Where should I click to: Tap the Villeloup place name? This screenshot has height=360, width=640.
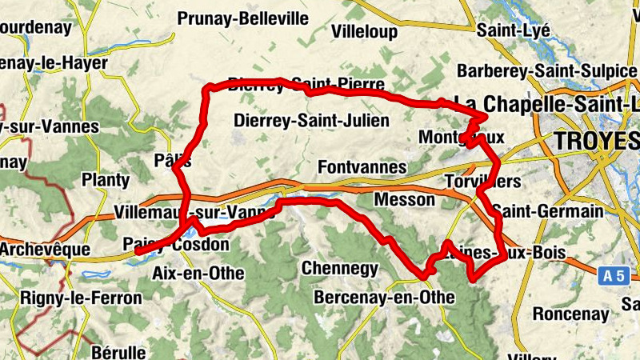point(364,31)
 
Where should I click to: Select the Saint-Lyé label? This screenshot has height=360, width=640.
point(513,30)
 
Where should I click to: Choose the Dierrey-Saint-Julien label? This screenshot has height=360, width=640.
point(311,121)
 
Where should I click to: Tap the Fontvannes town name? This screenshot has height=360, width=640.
point(362,168)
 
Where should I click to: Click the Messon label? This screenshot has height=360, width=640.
point(404,199)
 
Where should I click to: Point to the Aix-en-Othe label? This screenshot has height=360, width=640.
point(198,273)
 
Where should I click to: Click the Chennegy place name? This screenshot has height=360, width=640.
point(339,268)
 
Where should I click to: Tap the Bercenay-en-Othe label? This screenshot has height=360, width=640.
point(385,298)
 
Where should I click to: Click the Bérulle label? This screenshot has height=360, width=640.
point(118,351)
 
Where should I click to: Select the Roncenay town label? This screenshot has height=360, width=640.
point(570,314)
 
